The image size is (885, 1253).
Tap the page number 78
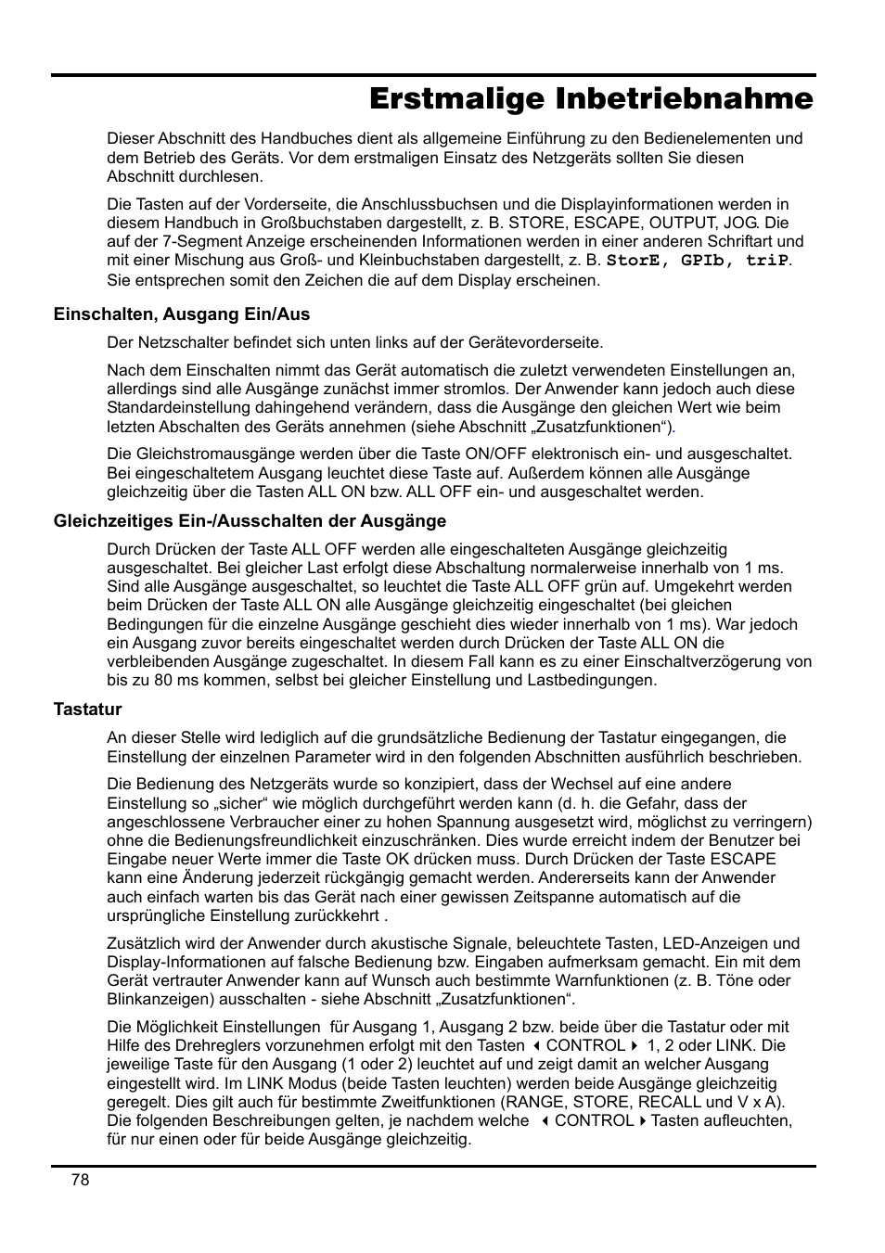pos(80,1179)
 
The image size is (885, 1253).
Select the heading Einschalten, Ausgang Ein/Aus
pos(182,313)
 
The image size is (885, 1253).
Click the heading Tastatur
pos(87,710)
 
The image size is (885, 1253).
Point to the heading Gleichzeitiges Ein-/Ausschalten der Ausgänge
pos(250,520)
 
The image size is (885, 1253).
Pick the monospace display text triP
pos(767,261)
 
